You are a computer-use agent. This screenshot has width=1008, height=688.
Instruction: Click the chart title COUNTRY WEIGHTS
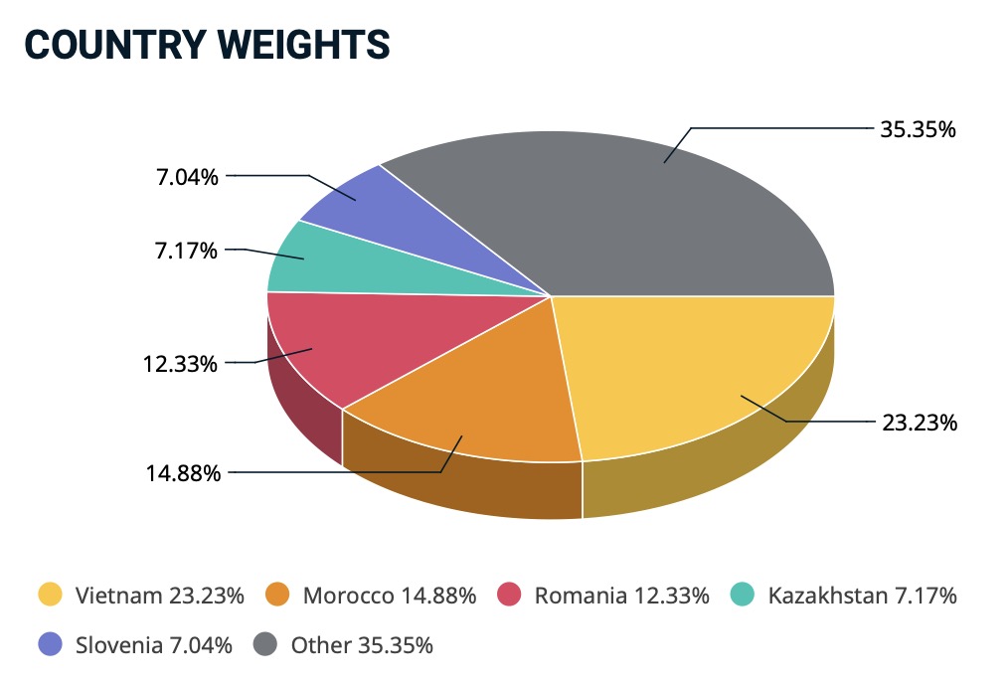click(206, 44)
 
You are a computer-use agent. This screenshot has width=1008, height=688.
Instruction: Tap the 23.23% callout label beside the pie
click(920, 423)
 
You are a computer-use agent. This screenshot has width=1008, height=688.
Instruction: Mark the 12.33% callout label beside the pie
click(180, 364)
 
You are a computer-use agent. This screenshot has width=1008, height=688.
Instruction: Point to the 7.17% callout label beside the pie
click(186, 251)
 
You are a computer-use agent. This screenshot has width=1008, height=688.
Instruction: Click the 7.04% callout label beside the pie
click(186, 178)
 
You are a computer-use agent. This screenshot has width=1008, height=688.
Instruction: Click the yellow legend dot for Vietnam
click(50, 596)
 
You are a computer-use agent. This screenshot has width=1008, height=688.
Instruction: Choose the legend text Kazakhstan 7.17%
click(862, 596)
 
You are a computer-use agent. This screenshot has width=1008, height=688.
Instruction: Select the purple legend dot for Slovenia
click(50, 644)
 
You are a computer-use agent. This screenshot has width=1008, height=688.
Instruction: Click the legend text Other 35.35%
click(362, 644)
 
